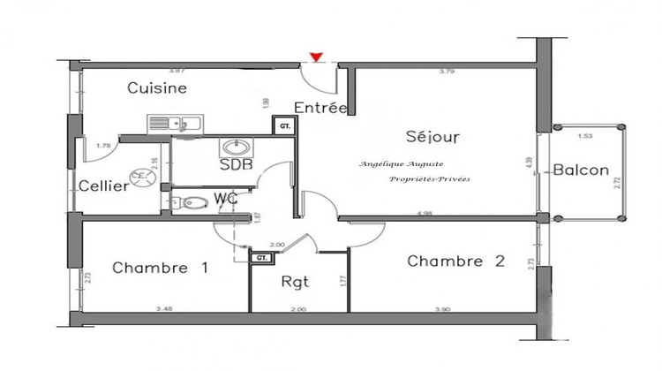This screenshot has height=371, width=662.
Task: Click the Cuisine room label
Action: [x=156, y=87]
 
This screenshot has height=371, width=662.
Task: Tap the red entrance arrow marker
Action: [x=315, y=59]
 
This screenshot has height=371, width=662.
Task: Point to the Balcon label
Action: [x=581, y=170]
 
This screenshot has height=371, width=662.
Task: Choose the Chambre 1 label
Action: [x=161, y=267]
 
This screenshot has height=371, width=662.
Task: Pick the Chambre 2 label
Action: [x=455, y=261]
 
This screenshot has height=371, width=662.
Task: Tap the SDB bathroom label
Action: [x=236, y=165]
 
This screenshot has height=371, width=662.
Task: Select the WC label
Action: [x=226, y=199]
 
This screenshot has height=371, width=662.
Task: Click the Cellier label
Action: [x=105, y=185]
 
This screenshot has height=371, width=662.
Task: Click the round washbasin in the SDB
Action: [x=236, y=148]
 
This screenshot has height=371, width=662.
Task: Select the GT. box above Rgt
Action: [x=261, y=258]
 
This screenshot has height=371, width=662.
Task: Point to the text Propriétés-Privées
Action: [x=432, y=179]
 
